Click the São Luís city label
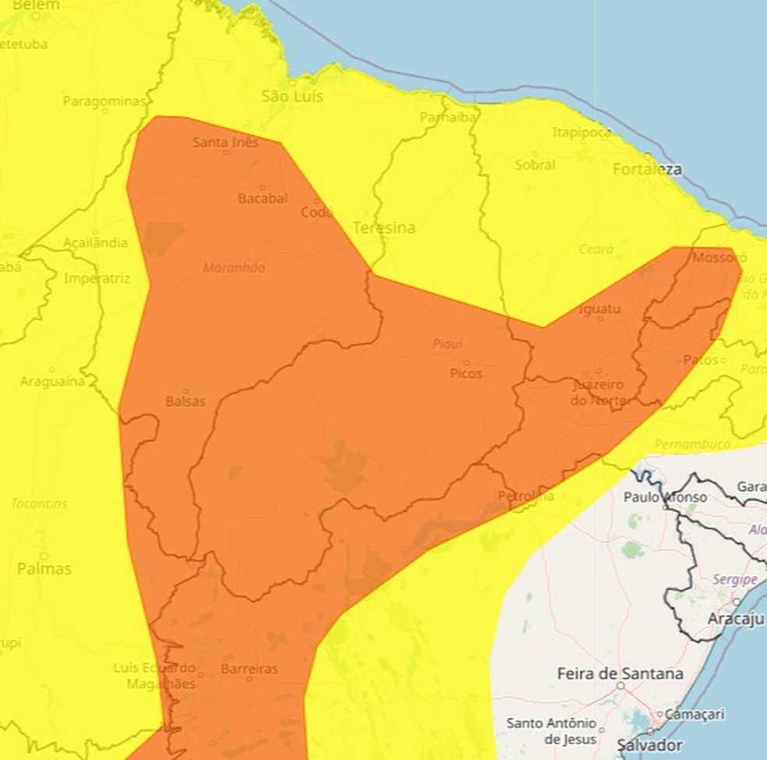click(292, 97)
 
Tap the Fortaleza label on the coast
click(647, 169)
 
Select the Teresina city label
click(383, 228)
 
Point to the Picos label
click(466, 373)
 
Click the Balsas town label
click(186, 401)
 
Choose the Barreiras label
click(249, 669)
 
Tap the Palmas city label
click(44, 569)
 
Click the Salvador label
click(649, 745)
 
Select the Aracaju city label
click(735, 619)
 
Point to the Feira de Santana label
click(620, 673)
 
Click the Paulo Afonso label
click(665, 497)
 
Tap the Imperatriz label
click(97, 278)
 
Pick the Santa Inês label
click(225, 143)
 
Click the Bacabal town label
click(263, 199)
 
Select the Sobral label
click(535, 165)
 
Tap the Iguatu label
click(599, 309)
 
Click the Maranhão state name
click(234, 268)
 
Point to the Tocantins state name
click(39, 504)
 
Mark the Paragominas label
click(104, 101)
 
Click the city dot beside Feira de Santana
click(620, 687)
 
